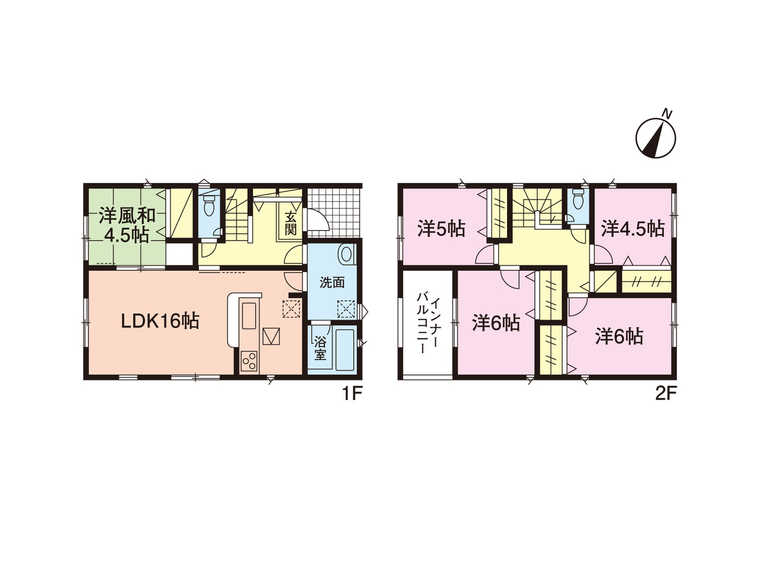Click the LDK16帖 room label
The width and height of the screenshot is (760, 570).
[160, 321]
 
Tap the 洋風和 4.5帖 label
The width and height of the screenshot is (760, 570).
[126, 225]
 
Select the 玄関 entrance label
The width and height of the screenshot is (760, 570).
[290, 224]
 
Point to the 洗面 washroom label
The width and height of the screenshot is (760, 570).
[332, 283]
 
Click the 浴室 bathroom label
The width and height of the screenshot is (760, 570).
[320, 349]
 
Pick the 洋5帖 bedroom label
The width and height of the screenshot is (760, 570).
[441, 229]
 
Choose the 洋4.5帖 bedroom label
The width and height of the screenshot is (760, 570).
[632, 229]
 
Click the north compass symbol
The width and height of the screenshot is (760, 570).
[655, 138]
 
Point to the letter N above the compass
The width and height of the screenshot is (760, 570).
[667, 113]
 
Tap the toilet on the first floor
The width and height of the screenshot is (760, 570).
[209, 205]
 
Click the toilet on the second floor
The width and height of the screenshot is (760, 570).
[578, 200]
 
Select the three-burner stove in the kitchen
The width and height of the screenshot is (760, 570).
[249, 361]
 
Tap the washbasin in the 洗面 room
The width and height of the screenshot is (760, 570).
[346, 255]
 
